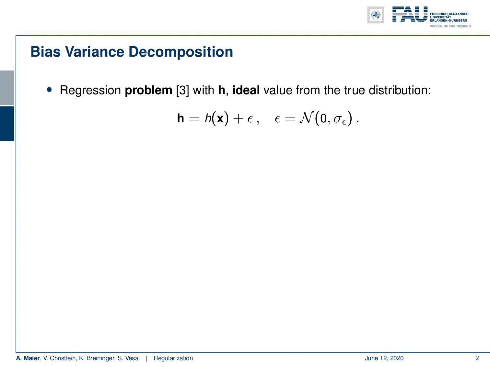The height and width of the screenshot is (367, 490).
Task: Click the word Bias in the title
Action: [46, 52]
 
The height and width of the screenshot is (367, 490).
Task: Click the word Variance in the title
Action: [95, 52]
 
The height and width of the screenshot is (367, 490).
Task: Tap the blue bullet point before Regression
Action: [49, 90]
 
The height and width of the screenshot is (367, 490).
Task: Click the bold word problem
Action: [148, 91]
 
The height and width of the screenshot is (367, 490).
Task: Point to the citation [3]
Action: [182, 91]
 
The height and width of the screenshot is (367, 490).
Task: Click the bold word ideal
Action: [246, 90]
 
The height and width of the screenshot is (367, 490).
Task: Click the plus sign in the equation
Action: [238, 118]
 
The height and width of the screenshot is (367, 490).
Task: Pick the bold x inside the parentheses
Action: [220, 118]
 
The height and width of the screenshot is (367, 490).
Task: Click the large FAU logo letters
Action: [410, 14]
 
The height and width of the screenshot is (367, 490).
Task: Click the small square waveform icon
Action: [376, 15]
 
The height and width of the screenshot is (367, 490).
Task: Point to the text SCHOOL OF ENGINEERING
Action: [450, 26]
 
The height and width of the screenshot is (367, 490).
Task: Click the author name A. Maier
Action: [28, 358]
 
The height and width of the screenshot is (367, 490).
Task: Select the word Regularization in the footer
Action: [173, 358]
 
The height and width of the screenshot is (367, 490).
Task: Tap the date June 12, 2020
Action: [384, 358]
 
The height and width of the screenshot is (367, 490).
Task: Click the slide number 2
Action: [477, 358]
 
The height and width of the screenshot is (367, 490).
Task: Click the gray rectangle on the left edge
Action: [7, 88]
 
